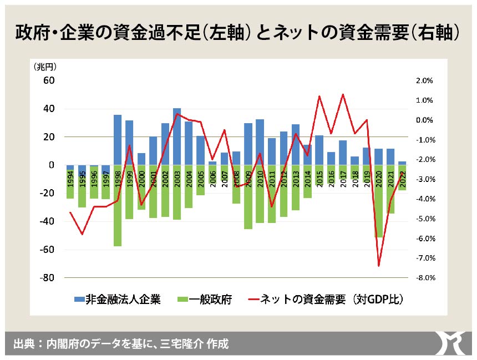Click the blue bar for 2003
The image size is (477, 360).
tap(177, 136)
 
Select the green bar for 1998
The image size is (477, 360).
tap(118, 205)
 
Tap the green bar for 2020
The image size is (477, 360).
tap(379, 201)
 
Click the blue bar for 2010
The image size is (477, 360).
tap(260, 142)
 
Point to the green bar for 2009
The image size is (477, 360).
tap(248, 197)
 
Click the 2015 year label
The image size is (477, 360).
tap(319, 177)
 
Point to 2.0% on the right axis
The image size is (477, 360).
tap(423, 80)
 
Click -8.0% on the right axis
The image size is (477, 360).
tap(422, 278)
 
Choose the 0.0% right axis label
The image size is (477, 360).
tap(423, 120)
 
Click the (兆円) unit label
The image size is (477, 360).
tap(49, 67)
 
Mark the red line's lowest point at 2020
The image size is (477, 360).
tap(379, 266)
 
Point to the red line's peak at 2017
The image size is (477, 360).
tap(343, 94)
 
